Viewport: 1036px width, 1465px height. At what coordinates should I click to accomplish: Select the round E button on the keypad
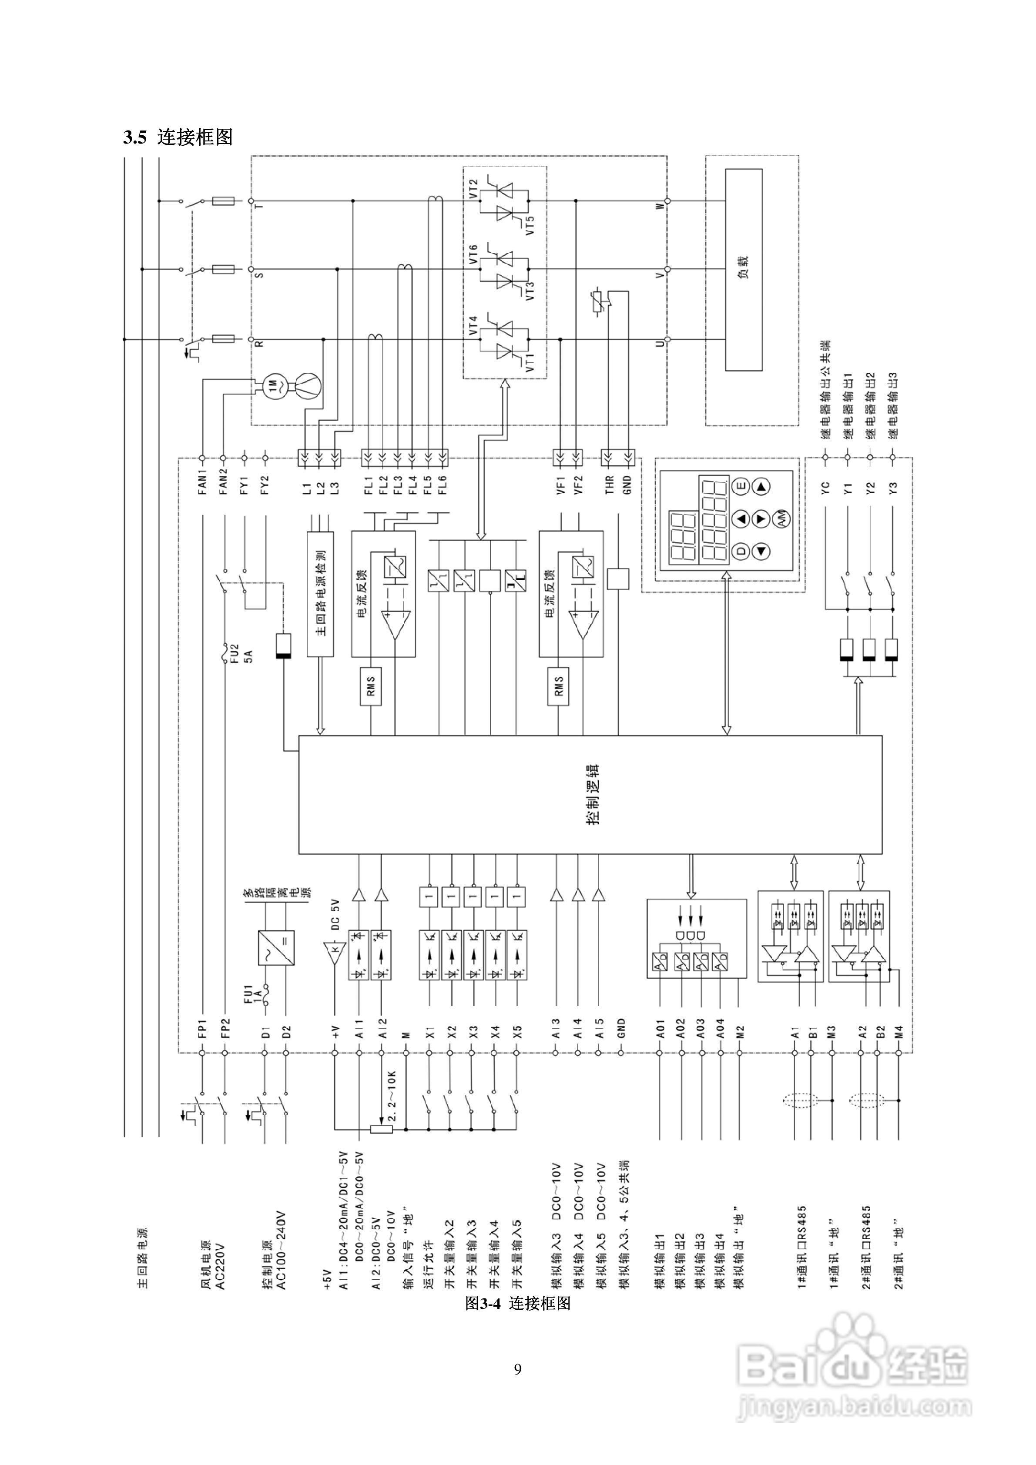(x=741, y=486)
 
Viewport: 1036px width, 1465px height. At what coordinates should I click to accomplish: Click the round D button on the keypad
(x=741, y=551)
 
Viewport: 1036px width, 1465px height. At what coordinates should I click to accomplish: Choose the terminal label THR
(x=609, y=484)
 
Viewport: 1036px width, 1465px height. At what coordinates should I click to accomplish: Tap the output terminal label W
(x=660, y=205)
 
